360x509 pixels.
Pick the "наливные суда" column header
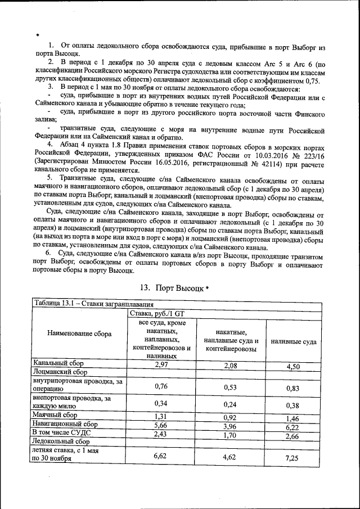pyautogui.click(x=293, y=341)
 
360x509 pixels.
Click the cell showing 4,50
pyautogui.click(x=292, y=367)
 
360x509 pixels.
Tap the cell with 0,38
pyautogui.click(x=292, y=406)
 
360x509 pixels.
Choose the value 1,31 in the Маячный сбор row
pyautogui.click(x=162, y=416)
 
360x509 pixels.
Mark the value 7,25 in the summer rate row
pyautogui.click(x=292, y=459)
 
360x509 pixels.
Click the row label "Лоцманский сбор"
pyautogui.click(x=60, y=372)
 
